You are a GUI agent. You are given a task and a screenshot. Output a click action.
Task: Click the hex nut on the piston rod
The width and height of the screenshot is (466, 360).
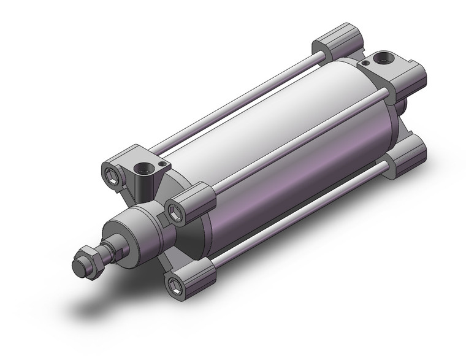(92, 263)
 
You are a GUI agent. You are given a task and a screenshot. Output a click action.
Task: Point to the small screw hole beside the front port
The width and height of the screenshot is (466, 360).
(162, 164)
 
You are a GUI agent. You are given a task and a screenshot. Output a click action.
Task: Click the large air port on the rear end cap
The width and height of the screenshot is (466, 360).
(385, 58)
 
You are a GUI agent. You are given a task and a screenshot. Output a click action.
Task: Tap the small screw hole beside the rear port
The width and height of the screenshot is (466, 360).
(366, 62)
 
